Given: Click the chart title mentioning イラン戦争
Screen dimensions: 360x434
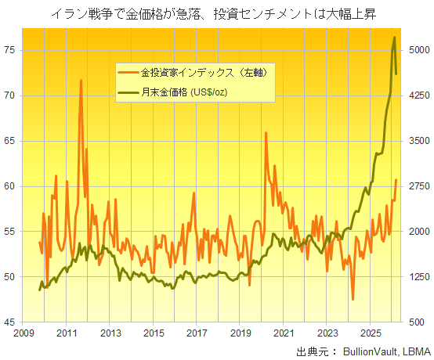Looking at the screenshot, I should point(217,13).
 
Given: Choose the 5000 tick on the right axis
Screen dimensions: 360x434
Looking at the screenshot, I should point(415,50).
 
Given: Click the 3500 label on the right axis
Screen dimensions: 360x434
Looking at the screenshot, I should point(415,141).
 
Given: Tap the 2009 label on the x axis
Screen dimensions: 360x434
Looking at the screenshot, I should point(21,333).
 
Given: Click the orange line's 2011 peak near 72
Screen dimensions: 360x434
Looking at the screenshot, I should point(81,81).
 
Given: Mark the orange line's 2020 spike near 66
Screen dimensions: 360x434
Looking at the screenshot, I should point(266,133).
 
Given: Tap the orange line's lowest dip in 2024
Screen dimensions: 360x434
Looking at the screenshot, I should point(353,299).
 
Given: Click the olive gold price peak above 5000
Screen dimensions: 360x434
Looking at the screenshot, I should point(394,38).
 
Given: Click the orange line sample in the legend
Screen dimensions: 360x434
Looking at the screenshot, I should point(128,74).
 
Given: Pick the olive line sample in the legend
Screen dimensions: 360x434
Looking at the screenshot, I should point(128,93).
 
